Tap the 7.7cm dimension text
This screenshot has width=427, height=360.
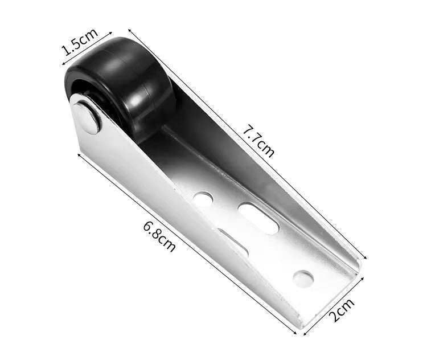tap(258, 141)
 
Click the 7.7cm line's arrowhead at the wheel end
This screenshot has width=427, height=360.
tap(130, 29)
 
